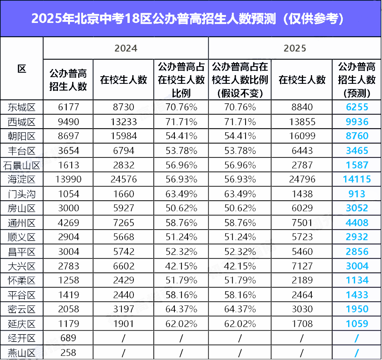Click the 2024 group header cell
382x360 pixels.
126,48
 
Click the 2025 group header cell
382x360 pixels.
295,48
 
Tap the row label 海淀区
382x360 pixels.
22,180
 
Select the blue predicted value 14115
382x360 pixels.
357,179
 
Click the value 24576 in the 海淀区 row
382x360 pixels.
124,180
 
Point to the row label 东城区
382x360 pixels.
22,107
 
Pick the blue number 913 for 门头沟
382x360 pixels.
357,194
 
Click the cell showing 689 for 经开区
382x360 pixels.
68,338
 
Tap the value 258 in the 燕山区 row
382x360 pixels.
68,353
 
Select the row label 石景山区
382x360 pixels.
22,165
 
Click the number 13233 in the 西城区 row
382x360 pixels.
124,122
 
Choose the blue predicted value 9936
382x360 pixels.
357,122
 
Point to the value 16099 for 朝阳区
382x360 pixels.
302,136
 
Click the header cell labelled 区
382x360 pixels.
22,69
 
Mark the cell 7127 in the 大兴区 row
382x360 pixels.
302,266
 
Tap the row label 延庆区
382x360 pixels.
22,324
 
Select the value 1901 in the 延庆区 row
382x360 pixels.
124,324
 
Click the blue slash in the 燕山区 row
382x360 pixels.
357,353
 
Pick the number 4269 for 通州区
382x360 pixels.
68,222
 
